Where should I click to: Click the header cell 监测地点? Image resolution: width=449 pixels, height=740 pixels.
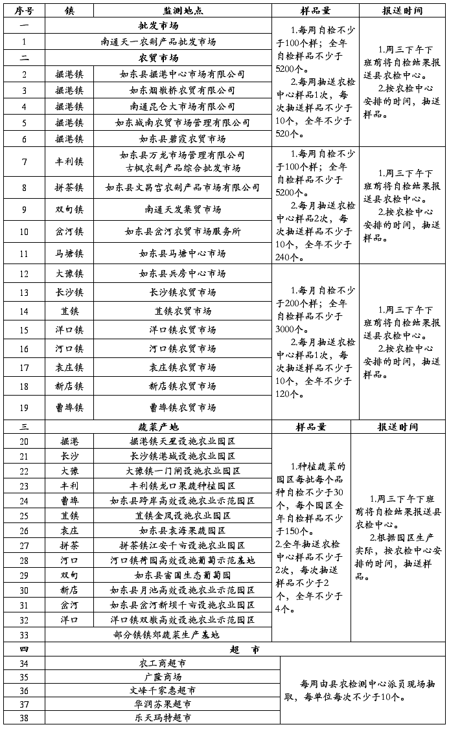(182, 11)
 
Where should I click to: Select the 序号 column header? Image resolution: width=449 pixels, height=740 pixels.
(24, 11)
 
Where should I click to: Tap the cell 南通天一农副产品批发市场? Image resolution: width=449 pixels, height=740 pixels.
(158, 41)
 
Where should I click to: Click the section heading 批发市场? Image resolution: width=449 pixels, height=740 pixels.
(158, 26)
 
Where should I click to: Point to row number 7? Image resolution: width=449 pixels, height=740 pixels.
(24, 161)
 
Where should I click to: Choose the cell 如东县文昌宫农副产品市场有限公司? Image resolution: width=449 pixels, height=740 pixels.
(182, 188)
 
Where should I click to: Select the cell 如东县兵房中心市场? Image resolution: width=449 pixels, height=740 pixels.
(182, 273)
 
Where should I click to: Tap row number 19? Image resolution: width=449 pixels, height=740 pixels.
(24, 407)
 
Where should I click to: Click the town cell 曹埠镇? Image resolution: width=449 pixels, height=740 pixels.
(69, 407)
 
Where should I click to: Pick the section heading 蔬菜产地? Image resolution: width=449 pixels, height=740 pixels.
(158, 427)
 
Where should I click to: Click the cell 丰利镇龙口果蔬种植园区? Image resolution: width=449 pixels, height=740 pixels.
(182, 486)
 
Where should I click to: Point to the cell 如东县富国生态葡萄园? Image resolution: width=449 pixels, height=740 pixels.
(182, 575)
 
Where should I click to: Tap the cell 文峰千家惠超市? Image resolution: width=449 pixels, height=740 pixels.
(163, 690)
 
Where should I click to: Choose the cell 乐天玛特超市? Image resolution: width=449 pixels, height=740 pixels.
(163, 718)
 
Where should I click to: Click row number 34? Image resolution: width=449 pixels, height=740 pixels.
(24, 664)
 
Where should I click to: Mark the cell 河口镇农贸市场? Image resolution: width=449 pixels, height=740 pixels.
(182, 348)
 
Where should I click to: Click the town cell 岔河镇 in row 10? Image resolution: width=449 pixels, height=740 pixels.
(69, 231)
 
